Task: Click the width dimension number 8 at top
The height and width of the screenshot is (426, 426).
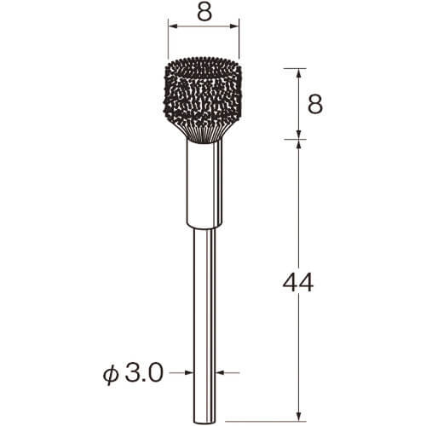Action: click(204, 13)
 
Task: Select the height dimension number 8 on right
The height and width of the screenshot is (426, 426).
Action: click(315, 104)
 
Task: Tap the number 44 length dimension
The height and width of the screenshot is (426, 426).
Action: click(298, 282)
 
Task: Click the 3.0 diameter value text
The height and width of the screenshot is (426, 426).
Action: click(144, 373)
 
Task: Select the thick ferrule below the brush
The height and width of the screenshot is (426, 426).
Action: click(204, 184)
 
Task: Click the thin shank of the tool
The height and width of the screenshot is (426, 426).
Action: click(204, 325)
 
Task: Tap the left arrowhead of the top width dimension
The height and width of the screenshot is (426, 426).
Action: click(173, 26)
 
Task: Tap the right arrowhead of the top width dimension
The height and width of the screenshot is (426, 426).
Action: click(234, 26)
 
